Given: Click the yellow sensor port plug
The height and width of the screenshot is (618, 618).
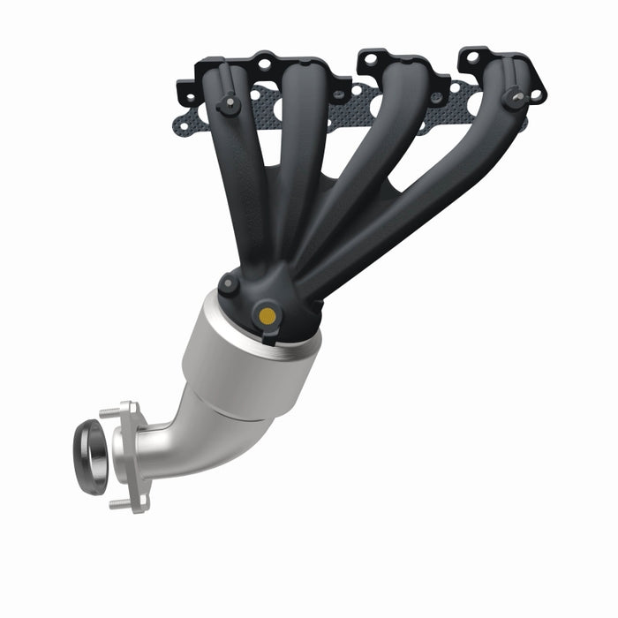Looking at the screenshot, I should click(x=266, y=314).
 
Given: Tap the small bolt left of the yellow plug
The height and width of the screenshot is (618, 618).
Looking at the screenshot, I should click(x=229, y=284).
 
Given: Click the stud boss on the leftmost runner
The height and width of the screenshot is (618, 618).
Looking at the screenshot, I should click(x=229, y=105).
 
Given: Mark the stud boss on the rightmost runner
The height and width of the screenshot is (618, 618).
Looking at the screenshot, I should click(x=514, y=97).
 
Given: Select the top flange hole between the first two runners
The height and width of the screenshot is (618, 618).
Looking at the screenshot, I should click(x=262, y=64).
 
